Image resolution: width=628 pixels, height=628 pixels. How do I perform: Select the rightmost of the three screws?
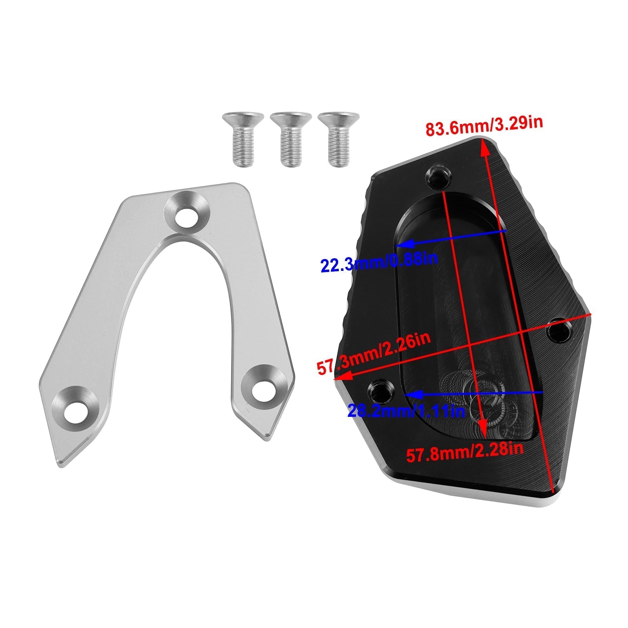tap(338, 139)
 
